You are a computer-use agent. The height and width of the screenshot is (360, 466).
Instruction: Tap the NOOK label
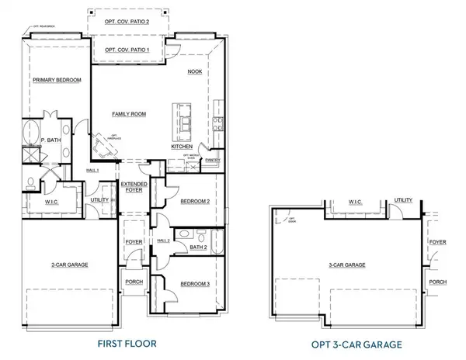click(x=195, y=71)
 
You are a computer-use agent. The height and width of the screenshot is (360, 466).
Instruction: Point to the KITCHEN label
click(x=182, y=146)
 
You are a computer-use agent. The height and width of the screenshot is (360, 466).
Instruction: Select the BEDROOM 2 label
click(x=196, y=201)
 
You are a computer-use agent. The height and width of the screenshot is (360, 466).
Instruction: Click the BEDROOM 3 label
click(x=196, y=284)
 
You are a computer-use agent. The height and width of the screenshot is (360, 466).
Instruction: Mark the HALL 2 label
click(x=163, y=241)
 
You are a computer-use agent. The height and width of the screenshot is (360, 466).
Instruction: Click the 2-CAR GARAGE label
click(x=69, y=265)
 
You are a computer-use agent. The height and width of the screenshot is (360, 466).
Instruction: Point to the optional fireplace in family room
click(x=101, y=146)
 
